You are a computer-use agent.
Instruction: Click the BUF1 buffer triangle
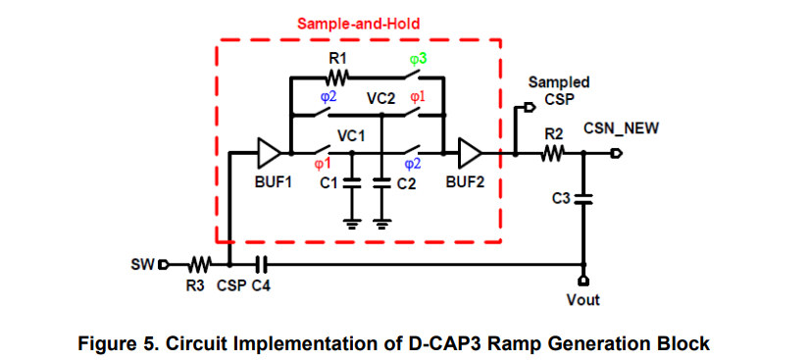[x=269, y=153]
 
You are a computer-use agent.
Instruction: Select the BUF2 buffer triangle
[x=470, y=153]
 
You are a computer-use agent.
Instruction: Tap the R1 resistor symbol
[x=338, y=77]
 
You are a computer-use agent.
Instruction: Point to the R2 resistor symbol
[x=553, y=153]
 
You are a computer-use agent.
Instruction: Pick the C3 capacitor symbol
[x=584, y=199]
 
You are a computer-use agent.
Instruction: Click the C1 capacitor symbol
[x=355, y=182]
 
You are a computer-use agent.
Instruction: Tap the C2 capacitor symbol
[x=381, y=182]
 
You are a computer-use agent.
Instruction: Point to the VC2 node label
[x=379, y=99]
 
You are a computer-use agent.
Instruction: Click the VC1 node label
[x=350, y=136]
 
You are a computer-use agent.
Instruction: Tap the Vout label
[x=583, y=299]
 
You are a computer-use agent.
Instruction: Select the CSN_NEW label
[x=622, y=129]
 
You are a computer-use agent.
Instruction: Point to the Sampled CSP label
[x=559, y=91]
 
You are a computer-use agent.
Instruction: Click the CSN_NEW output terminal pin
[x=616, y=153]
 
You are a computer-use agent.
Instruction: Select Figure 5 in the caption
[x=118, y=343]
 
